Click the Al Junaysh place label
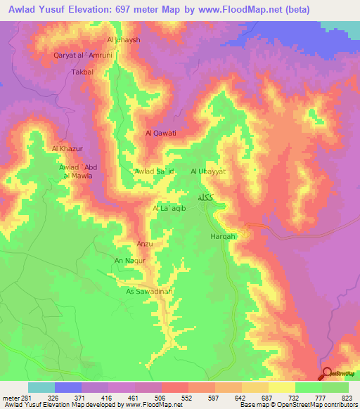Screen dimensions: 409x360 tap(124, 40)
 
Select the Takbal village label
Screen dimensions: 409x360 tap(82, 72)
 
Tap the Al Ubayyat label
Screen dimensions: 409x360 tap(207, 171)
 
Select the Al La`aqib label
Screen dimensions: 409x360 tap(168, 209)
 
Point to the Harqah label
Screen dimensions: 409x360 tap(222, 236)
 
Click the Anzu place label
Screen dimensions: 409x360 tap(144, 244)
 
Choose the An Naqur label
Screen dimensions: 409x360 tap(129, 260)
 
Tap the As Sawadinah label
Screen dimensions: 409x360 tap(149, 291)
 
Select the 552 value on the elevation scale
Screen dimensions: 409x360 tap(186, 397)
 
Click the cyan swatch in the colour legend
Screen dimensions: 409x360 tap(41, 387)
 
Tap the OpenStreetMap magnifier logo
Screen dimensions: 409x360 tap(327, 373)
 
